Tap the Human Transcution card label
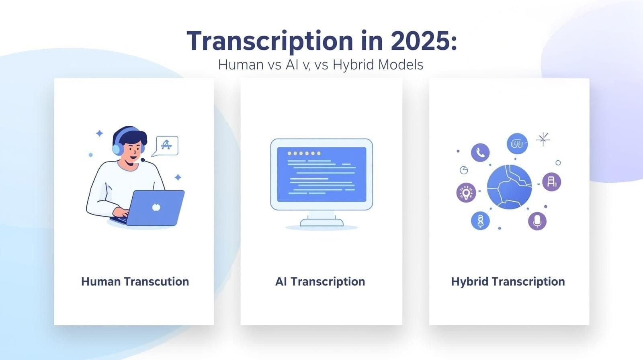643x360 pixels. pos(135,281)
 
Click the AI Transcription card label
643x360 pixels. pos(320,281)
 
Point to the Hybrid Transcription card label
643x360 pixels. pos(508,281)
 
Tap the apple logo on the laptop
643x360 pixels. pos(156,207)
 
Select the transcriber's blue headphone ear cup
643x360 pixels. pos(117,149)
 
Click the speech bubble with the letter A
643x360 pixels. pos(166,145)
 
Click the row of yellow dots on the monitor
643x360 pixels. pos(304,153)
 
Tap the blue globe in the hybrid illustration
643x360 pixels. pos(509,187)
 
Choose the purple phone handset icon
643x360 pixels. pos(480,152)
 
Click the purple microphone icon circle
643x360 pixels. pos(537,221)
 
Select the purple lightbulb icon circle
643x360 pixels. pos(466,193)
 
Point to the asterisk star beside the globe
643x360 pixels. pos(543,139)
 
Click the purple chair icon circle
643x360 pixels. pos(551,182)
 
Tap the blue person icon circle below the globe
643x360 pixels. pos(480,221)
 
